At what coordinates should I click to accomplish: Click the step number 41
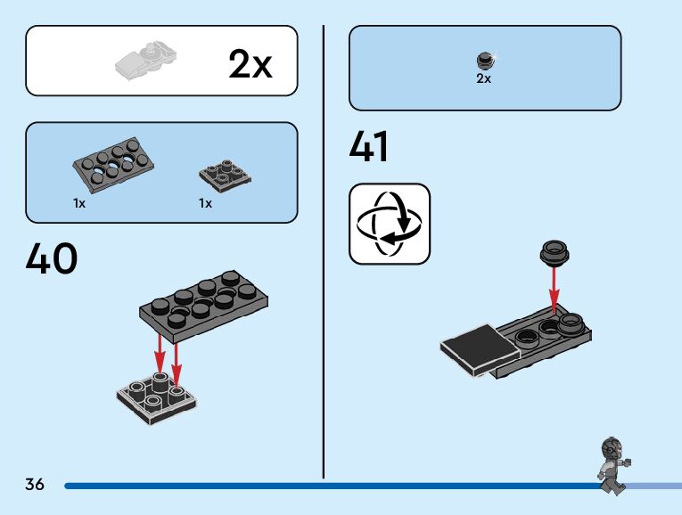[x=369, y=147]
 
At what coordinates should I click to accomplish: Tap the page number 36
[x=35, y=485]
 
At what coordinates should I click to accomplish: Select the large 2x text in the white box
[x=250, y=64]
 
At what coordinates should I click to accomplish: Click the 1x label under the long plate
[x=79, y=203]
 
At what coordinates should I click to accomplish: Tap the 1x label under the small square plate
[x=206, y=203]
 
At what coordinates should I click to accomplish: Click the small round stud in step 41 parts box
[x=484, y=61]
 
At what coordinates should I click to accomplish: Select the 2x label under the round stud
[x=483, y=78]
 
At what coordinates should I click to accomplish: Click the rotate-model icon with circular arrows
[x=389, y=224]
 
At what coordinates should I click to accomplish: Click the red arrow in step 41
[x=554, y=290]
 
